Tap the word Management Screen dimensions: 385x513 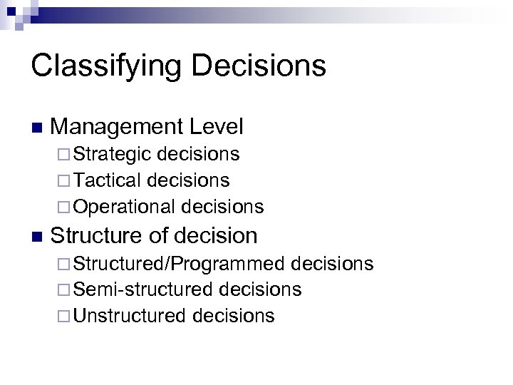[x=118, y=128]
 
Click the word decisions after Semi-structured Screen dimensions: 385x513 [x=261, y=289]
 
